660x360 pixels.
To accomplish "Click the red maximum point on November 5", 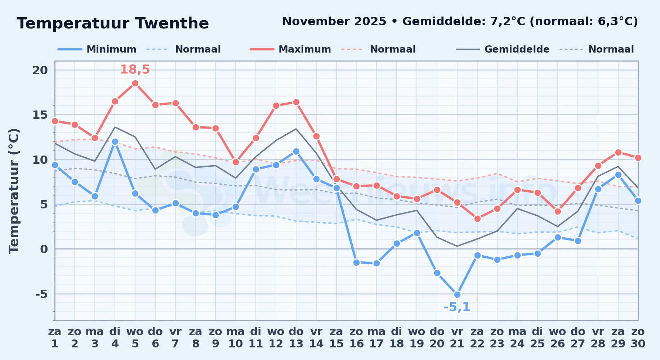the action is (135, 84).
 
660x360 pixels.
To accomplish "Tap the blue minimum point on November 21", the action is (457, 294).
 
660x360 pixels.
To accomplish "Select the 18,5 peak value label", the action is (135, 69).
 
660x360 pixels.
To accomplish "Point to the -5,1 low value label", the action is (457, 307).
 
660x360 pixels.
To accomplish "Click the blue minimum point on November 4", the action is (115, 142).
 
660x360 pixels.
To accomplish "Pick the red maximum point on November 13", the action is (296, 102).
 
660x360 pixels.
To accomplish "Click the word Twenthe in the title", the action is (172, 23).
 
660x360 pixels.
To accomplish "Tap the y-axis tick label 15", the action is (40, 115).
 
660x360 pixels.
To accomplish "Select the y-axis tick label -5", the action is (41, 294).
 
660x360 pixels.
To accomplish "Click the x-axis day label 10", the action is (236, 344).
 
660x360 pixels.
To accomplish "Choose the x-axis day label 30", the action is (638, 344).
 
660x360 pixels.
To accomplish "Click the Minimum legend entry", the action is (97, 49).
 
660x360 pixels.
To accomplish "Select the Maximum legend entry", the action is (290, 49).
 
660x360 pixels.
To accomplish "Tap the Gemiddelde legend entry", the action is (503, 49).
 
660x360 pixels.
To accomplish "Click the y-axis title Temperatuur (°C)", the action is (14, 191).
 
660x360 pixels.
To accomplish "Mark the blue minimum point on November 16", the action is (357, 262).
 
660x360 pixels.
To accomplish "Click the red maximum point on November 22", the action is (477, 219).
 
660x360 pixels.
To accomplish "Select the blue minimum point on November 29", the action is (618, 175).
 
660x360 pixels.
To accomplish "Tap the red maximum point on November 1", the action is (55, 121).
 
